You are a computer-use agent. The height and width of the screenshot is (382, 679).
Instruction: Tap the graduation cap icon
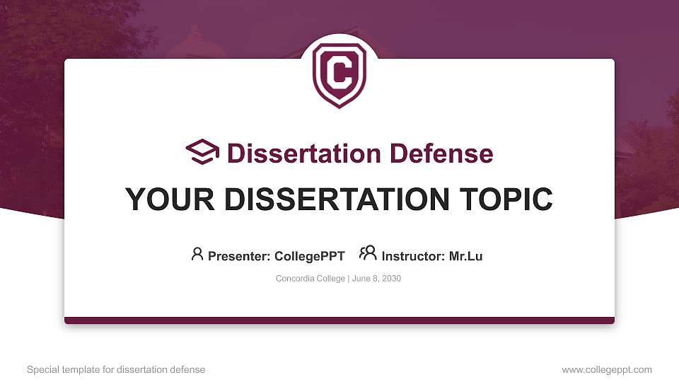[203, 153]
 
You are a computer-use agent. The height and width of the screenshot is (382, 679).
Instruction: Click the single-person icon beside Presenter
[197, 254]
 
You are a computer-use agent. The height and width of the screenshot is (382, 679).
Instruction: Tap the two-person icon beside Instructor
[368, 253]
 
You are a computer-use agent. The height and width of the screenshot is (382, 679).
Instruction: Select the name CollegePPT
[309, 256]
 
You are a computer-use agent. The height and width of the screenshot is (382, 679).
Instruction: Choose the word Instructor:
[413, 256]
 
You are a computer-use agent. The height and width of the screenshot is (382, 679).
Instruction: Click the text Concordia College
[310, 279]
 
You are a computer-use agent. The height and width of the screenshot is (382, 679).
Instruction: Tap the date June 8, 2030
[376, 279]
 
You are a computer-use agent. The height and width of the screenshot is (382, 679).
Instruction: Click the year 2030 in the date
[391, 279]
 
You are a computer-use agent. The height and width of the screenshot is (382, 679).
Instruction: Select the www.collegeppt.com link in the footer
[607, 369]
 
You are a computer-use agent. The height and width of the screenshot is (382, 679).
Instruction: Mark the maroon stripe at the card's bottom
[339, 320]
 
